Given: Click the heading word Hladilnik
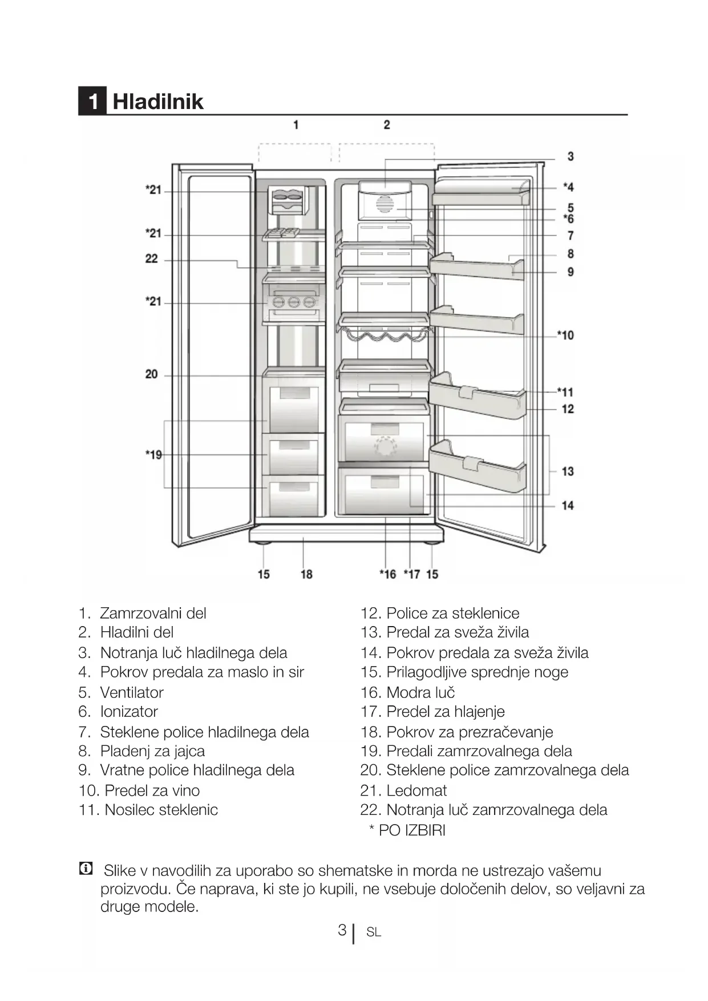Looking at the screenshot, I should pyautogui.click(x=157, y=102).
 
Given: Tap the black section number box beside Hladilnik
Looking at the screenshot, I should pyautogui.click(x=92, y=102).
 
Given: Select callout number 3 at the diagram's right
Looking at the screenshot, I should pyautogui.click(x=570, y=156).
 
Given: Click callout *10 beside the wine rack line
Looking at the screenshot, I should pyautogui.click(x=565, y=335).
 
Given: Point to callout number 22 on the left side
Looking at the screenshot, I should pyautogui.click(x=151, y=259).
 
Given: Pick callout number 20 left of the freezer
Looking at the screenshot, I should pyautogui.click(x=151, y=374).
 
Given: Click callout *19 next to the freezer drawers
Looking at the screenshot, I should pyautogui.click(x=153, y=455).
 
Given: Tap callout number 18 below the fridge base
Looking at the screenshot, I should pyautogui.click(x=306, y=574).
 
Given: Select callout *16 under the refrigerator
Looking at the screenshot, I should pyautogui.click(x=387, y=574).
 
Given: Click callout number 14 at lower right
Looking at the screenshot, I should pyautogui.click(x=567, y=505).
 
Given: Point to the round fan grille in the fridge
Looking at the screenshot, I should pyautogui.click(x=385, y=204).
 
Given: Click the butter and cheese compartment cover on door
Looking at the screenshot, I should pyautogui.click(x=481, y=191).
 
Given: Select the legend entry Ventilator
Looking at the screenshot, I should pyautogui.click(x=131, y=692).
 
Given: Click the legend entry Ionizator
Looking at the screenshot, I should pyautogui.click(x=128, y=712).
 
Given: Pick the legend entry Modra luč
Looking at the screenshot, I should pyautogui.click(x=420, y=692).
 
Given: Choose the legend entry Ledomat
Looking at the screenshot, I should pyautogui.click(x=416, y=790).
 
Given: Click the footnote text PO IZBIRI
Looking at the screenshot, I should pyautogui.click(x=411, y=830).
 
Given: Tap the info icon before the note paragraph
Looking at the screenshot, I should pyautogui.click(x=86, y=869).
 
